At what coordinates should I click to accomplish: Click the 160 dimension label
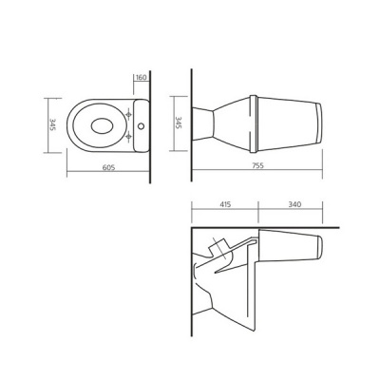tap(142, 78)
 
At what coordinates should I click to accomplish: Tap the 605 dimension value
tap(108, 167)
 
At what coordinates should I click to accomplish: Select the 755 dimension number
tap(257, 165)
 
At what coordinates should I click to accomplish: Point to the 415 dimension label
tap(225, 204)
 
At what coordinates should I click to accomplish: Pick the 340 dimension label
tap(294, 204)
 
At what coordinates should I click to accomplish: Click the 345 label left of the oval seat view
tap(52, 124)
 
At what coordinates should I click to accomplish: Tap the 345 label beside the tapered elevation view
tap(179, 123)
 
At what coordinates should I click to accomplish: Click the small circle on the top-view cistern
tap(141, 126)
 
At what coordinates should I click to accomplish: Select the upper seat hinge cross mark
tap(128, 114)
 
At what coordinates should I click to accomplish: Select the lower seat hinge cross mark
tap(128, 137)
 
